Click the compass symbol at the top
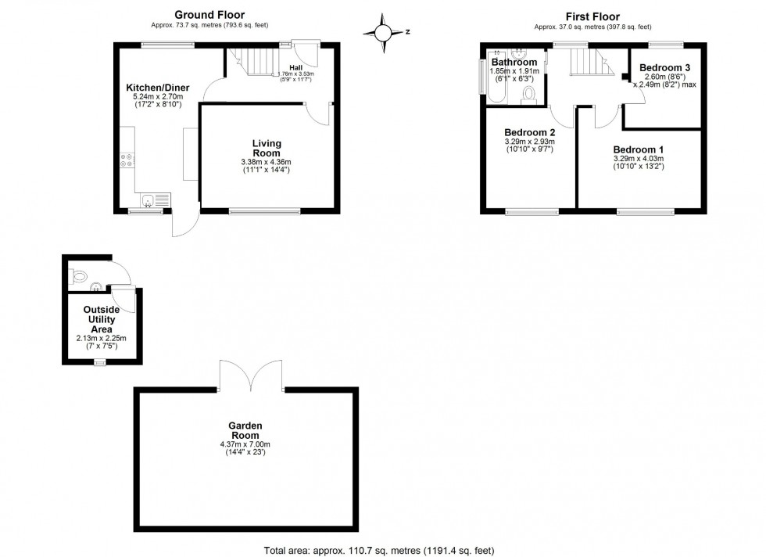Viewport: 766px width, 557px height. coord(384,32)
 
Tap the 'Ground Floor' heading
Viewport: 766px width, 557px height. coord(209,14)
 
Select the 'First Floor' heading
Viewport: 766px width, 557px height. coord(592,16)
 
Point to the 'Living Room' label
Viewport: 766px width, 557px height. coord(267,148)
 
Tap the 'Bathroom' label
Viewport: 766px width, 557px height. coord(514,62)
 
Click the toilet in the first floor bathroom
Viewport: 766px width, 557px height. coord(528,95)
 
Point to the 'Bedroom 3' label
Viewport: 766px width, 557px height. coord(664,67)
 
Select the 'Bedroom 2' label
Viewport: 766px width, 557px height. coord(529,131)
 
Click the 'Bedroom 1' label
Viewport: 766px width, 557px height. coord(639,149)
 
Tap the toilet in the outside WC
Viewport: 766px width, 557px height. coord(78,276)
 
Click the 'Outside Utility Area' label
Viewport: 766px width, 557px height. coord(102,319)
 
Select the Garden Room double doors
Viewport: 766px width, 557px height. coord(250,376)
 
